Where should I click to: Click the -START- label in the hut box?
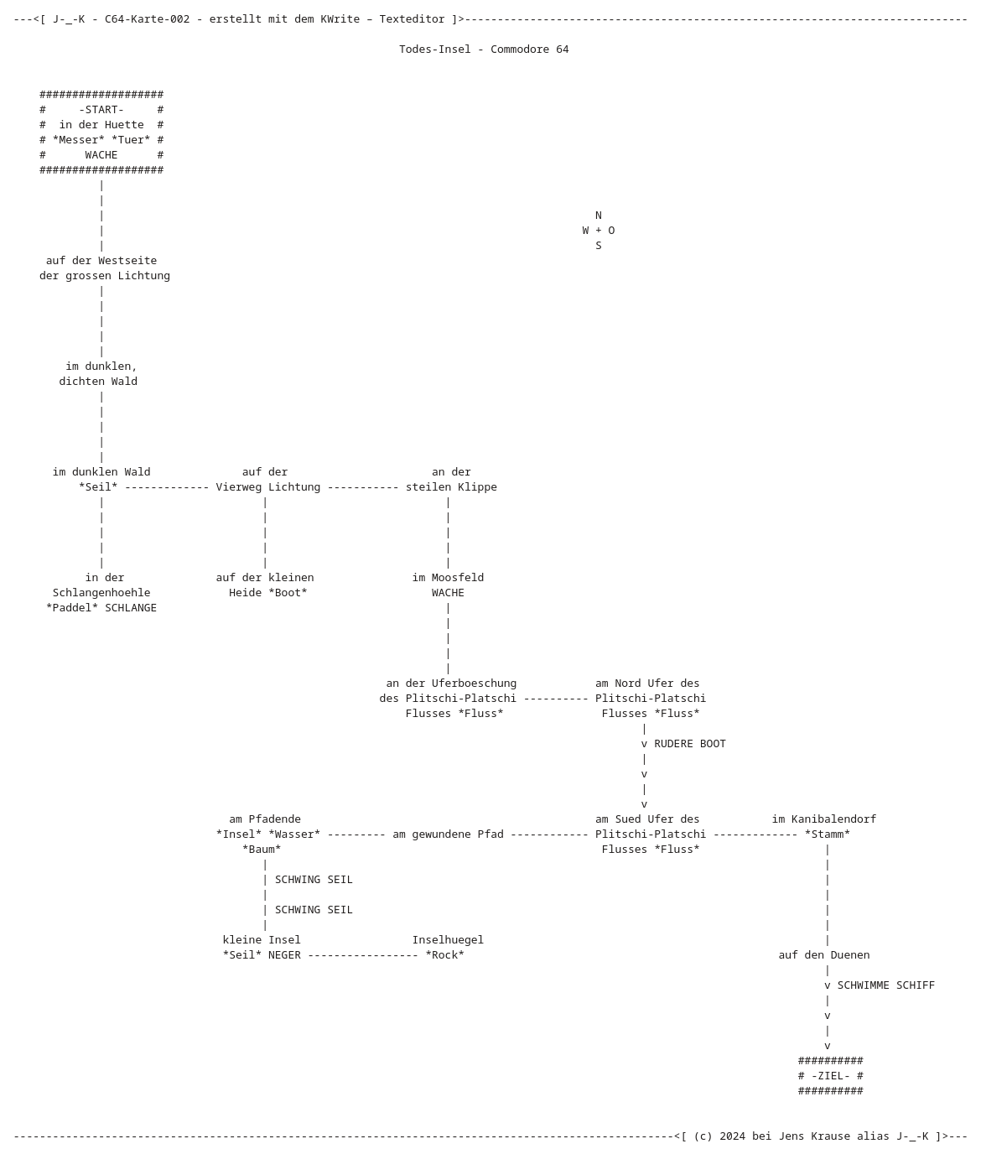click(101, 109)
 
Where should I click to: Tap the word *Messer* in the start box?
click(79, 139)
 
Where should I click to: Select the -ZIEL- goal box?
click(830, 1075)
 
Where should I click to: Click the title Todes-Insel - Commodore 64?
click(484, 49)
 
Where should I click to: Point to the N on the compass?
click(598, 216)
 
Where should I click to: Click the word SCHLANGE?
click(131, 607)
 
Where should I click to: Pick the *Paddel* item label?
click(72, 607)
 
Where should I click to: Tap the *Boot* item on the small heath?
click(288, 592)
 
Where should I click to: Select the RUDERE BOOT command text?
click(690, 744)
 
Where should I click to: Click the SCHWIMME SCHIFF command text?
click(886, 985)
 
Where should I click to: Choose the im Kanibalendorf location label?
click(823, 819)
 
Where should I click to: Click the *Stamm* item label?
click(827, 834)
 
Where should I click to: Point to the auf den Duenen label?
click(823, 954)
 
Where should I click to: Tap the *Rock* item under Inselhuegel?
click(444, 954)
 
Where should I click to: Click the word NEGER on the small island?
click(284, 954)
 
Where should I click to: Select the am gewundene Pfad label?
click(448, 834)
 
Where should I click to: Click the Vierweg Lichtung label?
click(268, 486)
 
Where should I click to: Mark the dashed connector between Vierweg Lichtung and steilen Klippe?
click(363, 487)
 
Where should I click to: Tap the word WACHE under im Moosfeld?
click(448, 592)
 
